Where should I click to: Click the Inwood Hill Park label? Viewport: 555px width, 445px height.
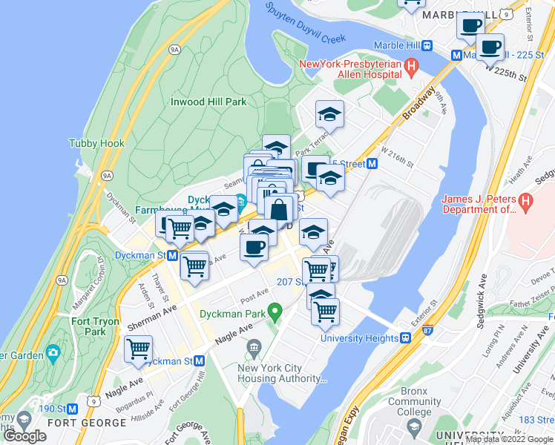click(208, 102)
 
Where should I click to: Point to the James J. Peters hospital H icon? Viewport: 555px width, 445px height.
click(525, 200)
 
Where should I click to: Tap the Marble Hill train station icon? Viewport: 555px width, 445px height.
click(428, 45)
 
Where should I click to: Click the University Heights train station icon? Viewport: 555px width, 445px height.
click(406, 338)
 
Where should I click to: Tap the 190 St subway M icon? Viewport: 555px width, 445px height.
click(73, 409)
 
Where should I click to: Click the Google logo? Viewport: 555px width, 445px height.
click(24, 436)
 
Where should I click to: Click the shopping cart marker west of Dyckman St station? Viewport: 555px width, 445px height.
click(178, 228)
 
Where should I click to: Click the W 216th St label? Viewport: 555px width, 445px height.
click(395, 159)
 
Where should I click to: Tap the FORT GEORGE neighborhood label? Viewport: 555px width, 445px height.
click(87, 423)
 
